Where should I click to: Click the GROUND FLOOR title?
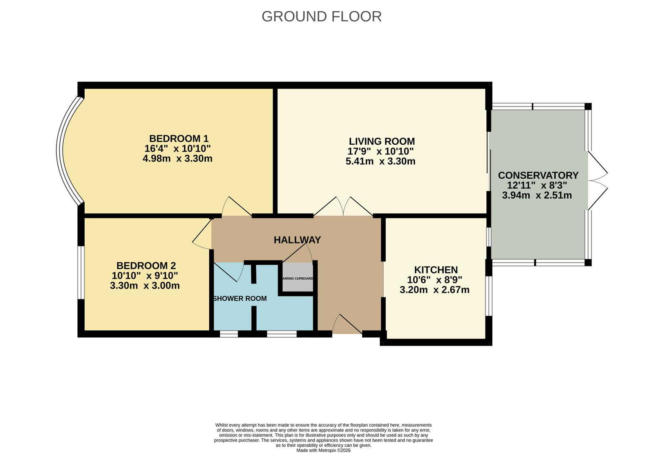321,16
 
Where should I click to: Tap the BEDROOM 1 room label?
179,138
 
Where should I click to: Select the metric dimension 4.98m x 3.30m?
177,159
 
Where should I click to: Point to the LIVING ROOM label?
382,141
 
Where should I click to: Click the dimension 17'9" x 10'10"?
380,151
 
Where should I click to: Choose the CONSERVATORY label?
538,175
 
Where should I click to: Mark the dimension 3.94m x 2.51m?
537,195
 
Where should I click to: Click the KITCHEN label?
436,270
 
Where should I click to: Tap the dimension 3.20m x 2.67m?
434,290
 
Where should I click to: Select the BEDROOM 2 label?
146,266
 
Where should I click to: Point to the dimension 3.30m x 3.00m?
145,286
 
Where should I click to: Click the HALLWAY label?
297,240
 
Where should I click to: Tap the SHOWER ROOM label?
240,299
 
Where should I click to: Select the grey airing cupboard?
297,277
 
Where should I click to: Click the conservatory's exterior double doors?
597,181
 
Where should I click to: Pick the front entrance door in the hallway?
347,326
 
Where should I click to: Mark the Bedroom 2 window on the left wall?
81,273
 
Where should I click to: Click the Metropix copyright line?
323,450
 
